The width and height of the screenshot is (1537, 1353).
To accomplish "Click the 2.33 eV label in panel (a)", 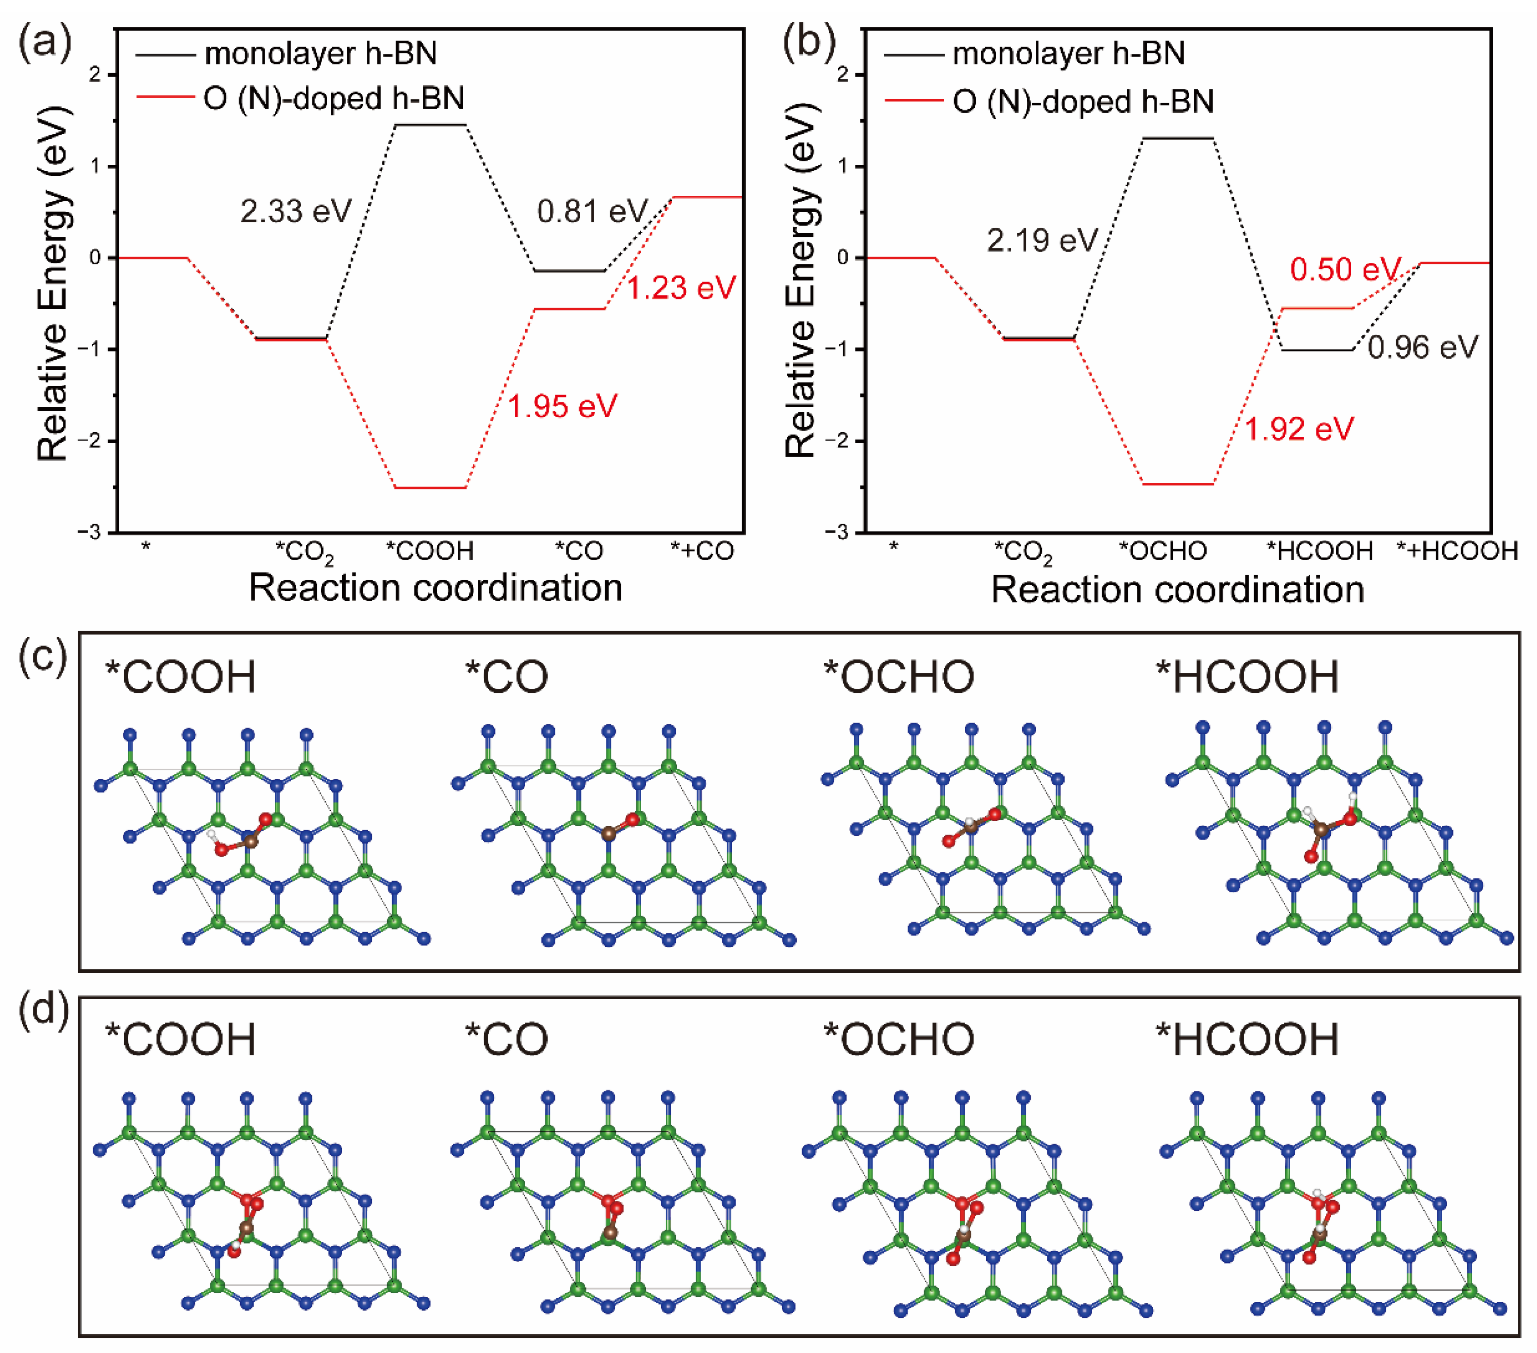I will [296, 211].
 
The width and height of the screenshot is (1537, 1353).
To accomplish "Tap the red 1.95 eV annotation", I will [563, 407].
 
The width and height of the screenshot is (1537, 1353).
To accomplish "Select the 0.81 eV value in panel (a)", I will [592, 211].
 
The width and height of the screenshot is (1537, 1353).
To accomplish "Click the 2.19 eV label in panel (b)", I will [1042, 240].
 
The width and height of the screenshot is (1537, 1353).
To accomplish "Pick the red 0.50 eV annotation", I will [1345, 269].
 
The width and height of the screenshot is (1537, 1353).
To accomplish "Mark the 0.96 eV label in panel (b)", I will [1423, 347].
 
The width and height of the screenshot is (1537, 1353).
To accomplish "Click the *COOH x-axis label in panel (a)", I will [430, 551].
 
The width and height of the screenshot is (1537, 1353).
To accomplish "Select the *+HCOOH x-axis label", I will [1457, 551].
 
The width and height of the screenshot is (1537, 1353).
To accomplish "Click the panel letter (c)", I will [43, 656].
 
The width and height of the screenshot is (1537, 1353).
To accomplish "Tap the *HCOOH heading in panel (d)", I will [1247, 1039].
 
